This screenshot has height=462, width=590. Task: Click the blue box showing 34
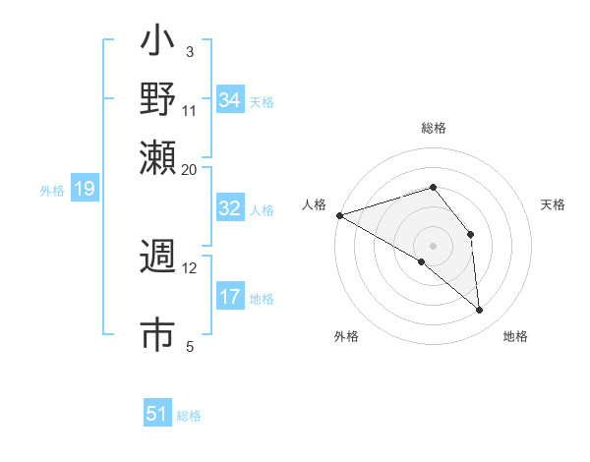(230, 100)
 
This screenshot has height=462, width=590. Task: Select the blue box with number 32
(230, 208)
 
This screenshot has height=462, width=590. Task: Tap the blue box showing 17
(230, 297)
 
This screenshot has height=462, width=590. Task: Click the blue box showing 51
(157, 414)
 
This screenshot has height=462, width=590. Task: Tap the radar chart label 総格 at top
(433, 128)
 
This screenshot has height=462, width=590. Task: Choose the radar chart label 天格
(553, 204)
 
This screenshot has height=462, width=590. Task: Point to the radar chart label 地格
(515, 336)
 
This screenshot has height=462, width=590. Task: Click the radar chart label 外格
(346, 336)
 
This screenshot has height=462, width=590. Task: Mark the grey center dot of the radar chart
(433, 245)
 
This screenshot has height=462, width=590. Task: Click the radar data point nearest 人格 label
(339, 215)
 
